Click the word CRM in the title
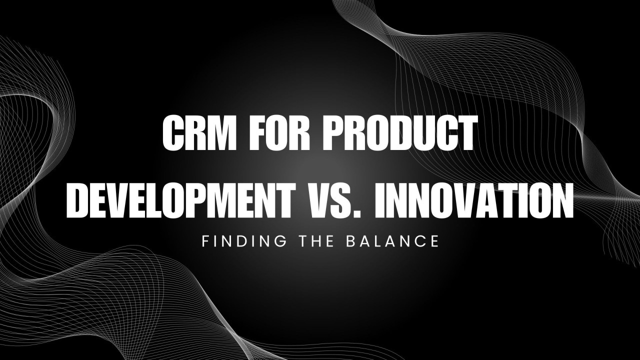coord(199,132)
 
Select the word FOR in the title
coord(280,132)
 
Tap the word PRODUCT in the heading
coord(401,132)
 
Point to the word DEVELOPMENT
coord(181,200)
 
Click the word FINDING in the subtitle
coord(244,241)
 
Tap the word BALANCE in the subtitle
coord(392,241)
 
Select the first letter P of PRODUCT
coord(334,132)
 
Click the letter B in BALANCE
coord(350,241)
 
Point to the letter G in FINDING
coord(279,241)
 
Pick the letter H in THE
coord(316,241)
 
